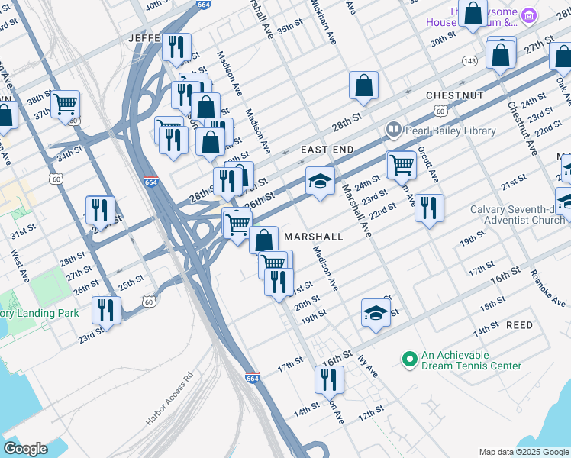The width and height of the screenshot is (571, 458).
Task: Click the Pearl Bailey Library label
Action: pos(450,131)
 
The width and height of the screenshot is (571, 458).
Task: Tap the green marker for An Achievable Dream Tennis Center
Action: pos(409,358)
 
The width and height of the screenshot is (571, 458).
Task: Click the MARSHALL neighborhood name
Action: pos(313,237)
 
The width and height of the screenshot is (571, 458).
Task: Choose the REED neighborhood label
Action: pos(519,325)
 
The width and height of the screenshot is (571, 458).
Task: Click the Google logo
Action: pos(25,448)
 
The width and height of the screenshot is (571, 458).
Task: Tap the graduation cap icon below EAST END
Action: pos(321,181)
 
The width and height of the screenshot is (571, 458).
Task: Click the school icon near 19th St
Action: pos(376,312)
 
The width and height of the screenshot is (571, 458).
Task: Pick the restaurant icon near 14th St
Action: pos(329,379)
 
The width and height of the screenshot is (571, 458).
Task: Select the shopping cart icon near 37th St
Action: pos(65,103)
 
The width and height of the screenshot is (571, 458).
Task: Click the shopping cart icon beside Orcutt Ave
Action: pos(402,164)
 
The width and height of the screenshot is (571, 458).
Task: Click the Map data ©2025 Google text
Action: pos(522,452)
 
